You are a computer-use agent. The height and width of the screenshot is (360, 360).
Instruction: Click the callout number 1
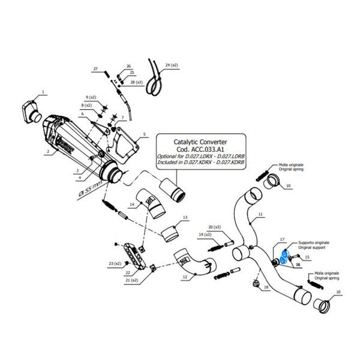click(x=43, y=92)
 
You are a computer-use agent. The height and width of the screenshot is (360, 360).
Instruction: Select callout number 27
click(x=94, y=70)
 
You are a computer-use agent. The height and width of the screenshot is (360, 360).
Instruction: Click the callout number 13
click(x=185, y=217)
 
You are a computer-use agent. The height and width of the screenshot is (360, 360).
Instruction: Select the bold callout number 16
click(x=297, y=263)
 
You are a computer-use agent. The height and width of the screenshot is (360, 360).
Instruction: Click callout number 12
click(x=184, y=277)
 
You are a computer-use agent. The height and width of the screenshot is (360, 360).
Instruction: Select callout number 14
click(x=131, y=205)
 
